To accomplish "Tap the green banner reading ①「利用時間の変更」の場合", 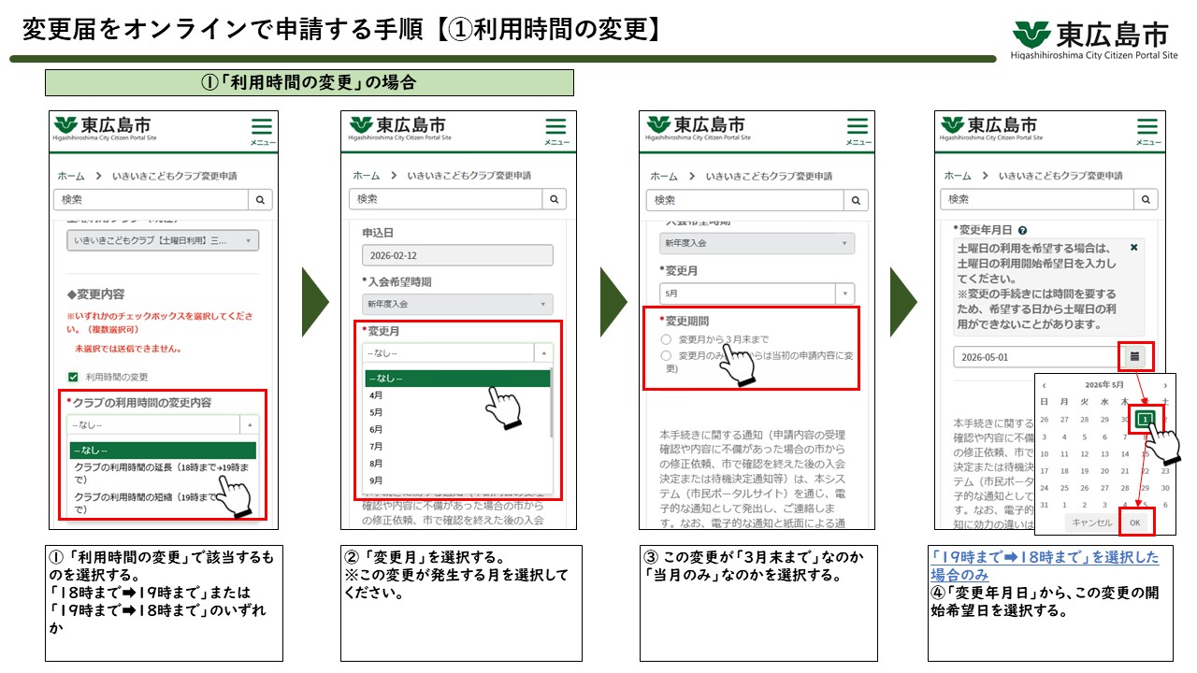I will tap(309, 82).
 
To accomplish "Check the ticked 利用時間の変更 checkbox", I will tap(73, 378).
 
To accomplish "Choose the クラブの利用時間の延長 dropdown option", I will tap(150, 472).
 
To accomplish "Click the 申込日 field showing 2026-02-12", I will tap(457, 255).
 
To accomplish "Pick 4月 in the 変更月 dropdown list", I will tap(377, 395).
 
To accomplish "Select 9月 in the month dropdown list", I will tap(377, 480).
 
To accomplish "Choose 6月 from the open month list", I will tap(377, 429).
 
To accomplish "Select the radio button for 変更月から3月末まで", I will tap(666, 339).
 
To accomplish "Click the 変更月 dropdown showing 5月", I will tap(757, 293).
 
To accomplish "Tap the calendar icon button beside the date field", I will tap(1135, 356).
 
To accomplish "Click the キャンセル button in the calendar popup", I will tap(1091, 523).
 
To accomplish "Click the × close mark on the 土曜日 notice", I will tap(1134, 248).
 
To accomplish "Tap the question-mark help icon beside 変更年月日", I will tap(1023, 230).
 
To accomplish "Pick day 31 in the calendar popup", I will tap(1045, 506).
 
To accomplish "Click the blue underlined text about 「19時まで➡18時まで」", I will tap(1044, 566).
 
